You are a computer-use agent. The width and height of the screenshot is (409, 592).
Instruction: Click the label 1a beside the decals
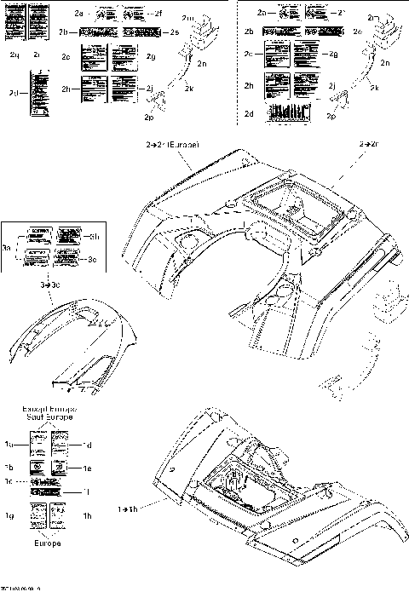(x=9, y=444)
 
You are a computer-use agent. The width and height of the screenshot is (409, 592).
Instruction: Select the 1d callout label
(x=88, y=444)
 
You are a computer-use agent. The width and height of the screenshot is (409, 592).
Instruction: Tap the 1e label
(x=88, y=468)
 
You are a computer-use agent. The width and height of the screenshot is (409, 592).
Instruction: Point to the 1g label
(x=10, y=515)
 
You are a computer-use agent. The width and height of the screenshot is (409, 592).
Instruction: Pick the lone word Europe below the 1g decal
(x=47, y=542)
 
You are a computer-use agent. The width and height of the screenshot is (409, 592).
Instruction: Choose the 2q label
(x=14, y=54)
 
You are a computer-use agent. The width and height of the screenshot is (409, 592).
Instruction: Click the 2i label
(x=37, y=54)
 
